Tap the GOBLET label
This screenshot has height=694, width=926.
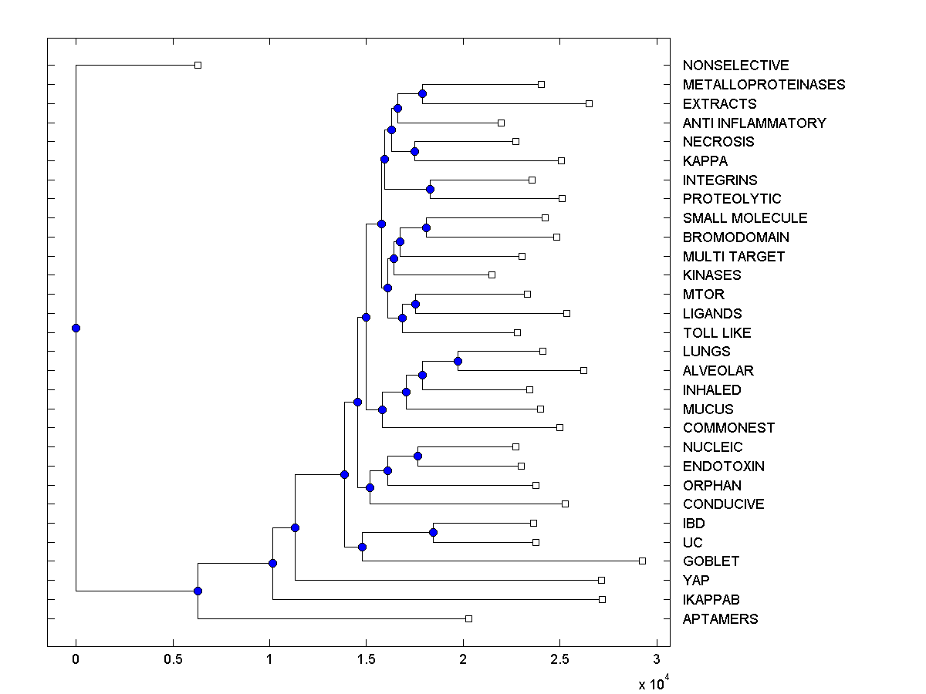(x=711, y=561)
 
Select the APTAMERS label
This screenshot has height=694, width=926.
(x=720, y=619)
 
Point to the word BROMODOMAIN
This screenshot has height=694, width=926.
(x=735, y=238)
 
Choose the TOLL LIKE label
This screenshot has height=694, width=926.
(x=716, y=333)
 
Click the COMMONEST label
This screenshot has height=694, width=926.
(x=728, y=428)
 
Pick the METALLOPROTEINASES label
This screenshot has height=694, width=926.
(x=763, y=85)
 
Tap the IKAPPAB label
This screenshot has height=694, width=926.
(x=711, y=600)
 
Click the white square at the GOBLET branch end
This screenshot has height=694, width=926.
(x=642, y=561)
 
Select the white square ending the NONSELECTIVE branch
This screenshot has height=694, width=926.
(x=198, y=65)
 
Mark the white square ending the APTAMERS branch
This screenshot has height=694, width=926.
(x=468, y=618)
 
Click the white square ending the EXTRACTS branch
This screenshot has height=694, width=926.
(x=589, y=103)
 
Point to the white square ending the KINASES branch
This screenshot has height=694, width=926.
(x=492, y=275)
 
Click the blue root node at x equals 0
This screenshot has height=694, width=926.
(x=76, y=328)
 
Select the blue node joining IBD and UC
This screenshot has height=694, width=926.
(x=433, y=532)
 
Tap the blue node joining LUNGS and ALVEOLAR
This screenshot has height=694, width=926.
(x=458, y=361)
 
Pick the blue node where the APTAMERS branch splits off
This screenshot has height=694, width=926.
(x=198, y=591)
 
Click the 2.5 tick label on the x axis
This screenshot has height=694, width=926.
(x=559, y=659)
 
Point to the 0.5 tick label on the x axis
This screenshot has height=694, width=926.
(x=173, y=659)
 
